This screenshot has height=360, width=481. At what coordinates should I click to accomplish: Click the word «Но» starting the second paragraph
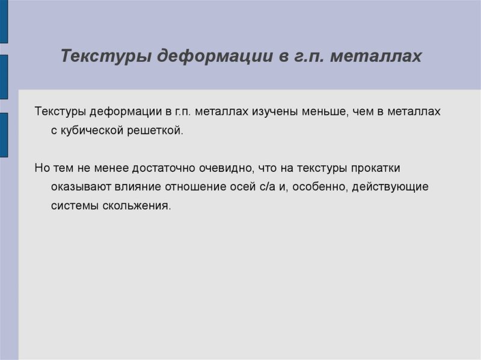[42, 168]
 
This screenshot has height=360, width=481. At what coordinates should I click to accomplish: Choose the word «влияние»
[137, 187]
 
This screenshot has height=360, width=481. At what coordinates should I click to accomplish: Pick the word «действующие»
[390, 187]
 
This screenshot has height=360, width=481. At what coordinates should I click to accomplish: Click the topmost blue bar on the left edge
[4, 21]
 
